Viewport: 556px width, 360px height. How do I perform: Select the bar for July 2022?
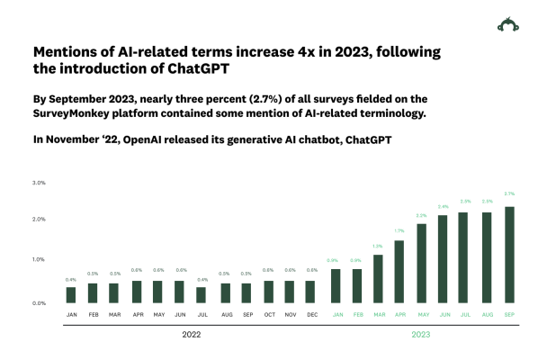click(201, 294)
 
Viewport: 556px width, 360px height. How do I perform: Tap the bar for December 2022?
click(311, 292)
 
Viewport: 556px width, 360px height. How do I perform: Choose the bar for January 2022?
click(71, 294)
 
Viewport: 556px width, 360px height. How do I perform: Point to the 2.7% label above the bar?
click(510, 193)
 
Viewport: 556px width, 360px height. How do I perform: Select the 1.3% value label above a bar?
click(378, 246)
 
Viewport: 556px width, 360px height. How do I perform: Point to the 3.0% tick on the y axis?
click(39, 183)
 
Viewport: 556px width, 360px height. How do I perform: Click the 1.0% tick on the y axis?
click(39, 259)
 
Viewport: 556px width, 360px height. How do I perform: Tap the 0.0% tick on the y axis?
click(39, 303)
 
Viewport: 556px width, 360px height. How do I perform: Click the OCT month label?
click(268, 314)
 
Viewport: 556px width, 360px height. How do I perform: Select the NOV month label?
click(290, 314)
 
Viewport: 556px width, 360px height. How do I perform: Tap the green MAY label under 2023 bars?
click(421, 314)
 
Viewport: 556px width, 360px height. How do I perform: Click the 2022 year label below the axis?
click(192, 334)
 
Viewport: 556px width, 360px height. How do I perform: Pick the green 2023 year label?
click(421, 334)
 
